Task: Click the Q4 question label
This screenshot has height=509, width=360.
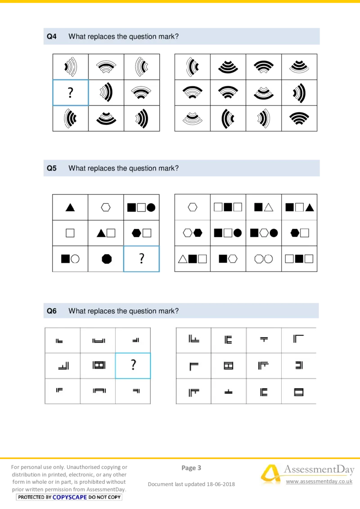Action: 52,37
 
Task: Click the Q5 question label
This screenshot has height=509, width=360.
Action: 52,169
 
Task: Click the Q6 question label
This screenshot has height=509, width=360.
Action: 52,311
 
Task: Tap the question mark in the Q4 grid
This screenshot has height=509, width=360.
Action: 70,93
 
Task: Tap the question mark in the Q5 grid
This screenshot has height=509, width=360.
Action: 141,259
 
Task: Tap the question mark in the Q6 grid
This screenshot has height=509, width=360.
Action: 133,365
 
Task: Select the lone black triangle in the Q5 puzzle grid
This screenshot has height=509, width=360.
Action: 70,207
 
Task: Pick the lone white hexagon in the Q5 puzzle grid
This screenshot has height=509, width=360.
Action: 106,207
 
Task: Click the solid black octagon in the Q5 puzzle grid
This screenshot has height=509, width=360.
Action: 106,259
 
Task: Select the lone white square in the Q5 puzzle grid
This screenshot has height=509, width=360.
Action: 70,233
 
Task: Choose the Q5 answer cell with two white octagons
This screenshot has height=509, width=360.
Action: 264,259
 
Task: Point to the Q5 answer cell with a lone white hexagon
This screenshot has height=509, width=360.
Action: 193,207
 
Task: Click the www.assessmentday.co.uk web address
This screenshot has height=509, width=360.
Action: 319,482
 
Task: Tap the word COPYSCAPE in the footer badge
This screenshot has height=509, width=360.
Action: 70,497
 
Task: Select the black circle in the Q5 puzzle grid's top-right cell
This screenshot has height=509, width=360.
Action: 151,207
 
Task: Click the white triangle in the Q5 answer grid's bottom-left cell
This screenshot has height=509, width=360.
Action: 183,259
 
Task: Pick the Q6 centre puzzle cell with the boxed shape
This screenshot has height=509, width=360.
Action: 98,365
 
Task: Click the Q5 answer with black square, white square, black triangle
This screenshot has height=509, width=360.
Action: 299,207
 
